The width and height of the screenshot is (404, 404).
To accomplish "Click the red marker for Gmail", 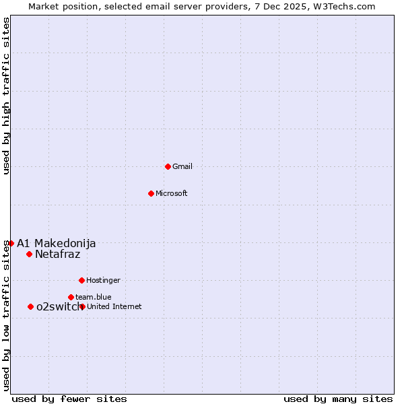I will (168, 166).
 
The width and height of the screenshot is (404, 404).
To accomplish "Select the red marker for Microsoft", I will (151, 193).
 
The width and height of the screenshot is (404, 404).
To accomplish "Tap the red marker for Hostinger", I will (81, 280).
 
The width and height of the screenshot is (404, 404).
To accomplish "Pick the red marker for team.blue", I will (71, 297).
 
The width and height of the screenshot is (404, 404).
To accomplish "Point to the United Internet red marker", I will (82, 306).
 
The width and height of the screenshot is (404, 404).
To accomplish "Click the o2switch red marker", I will (30, 306).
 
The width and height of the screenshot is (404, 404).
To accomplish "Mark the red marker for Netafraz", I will (29, 254).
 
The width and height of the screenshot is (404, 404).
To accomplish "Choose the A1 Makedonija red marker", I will (11, 243).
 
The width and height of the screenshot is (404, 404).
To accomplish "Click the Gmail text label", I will (182, 166).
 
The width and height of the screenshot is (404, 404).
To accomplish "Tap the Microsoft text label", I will (172, 193).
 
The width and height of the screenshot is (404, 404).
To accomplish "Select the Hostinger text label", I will (103, 280).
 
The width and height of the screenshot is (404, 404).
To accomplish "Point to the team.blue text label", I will (94, 297).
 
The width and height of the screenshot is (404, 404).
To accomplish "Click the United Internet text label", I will (114, 306).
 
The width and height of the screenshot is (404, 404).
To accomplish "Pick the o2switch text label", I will (57, 306).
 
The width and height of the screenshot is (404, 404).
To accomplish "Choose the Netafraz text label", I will (57, 254).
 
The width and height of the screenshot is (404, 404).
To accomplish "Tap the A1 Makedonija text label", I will (56, 243).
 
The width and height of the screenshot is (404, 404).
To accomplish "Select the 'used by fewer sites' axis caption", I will (69, 399).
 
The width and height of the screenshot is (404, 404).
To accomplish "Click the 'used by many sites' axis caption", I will (338, 399).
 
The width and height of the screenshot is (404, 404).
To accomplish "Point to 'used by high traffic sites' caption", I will (6, 96).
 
